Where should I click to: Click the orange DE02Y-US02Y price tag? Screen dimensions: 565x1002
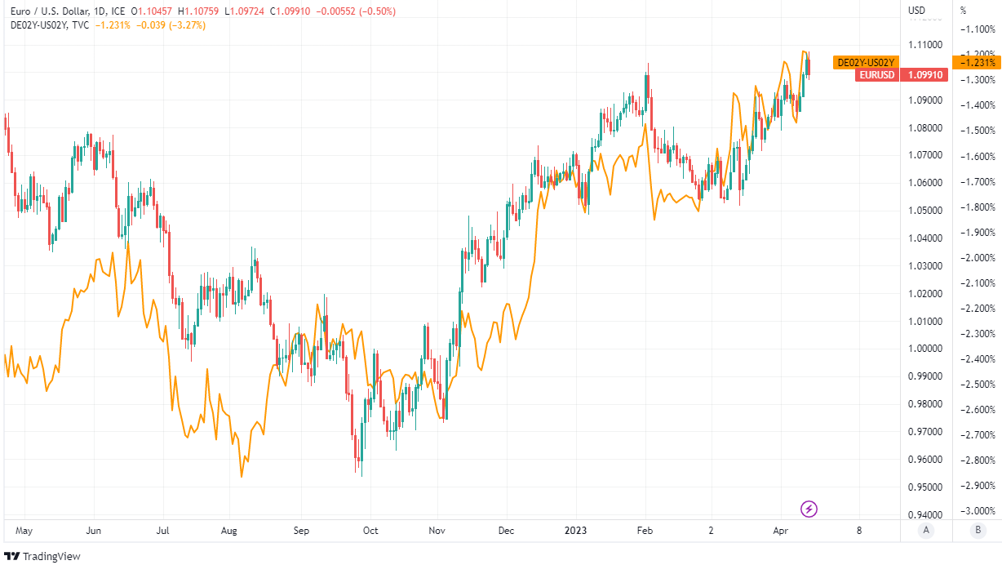(x=866, y=63)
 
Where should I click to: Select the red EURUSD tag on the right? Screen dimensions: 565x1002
(x=876, y=75)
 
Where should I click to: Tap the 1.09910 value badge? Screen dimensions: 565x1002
(x=925, y=75)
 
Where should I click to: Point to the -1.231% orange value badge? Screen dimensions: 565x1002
(x=978, y=63)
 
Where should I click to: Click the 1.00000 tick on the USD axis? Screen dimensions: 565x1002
(x=925, y=349)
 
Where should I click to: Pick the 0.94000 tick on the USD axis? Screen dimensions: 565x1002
(x=925, y=515)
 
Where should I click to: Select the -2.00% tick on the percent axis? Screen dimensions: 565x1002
(x=977, y=258)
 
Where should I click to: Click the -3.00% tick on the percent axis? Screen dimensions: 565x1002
(x=977, y=511)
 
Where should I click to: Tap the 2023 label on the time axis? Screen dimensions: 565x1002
(x=577, y=530)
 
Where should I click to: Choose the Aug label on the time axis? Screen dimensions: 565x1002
(x=229, y=530)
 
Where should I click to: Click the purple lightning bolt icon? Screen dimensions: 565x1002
(x=809, y=509)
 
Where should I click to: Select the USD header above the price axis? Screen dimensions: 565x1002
(x=917, y=11)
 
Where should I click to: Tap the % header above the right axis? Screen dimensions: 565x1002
(x=963, y=11)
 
